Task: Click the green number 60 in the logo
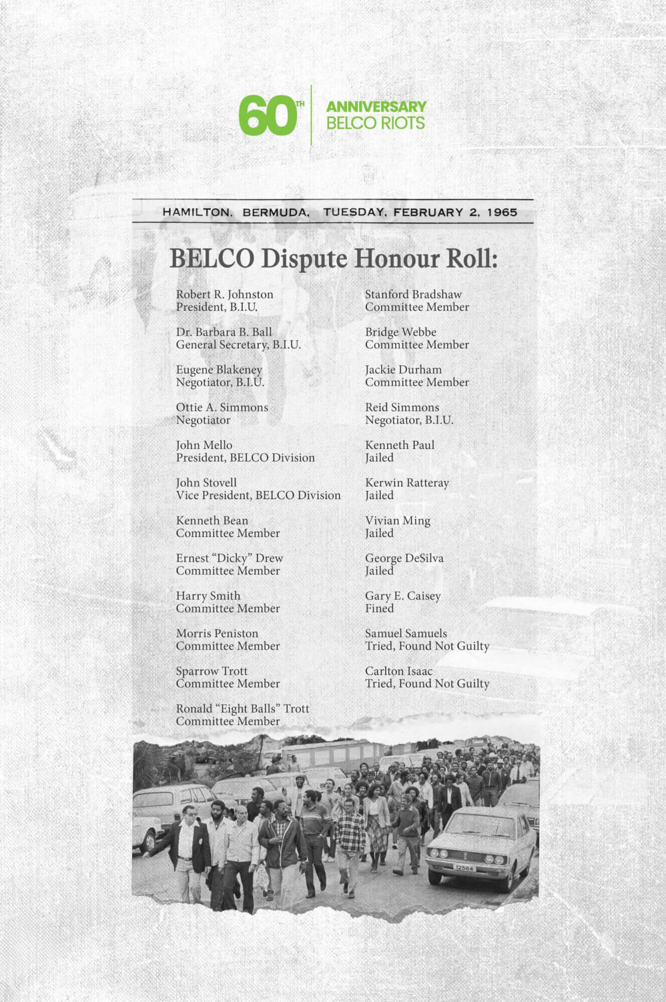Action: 266,116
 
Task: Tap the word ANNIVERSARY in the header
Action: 376,107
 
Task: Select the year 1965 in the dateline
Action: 502,212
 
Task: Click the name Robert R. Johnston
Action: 225,294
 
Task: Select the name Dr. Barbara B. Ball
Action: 224,332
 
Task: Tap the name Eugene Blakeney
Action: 219,369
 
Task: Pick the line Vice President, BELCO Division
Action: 258,495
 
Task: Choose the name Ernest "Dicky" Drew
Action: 229,558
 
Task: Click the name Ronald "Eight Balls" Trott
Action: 242,708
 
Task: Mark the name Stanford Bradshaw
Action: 413,294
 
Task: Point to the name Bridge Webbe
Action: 401,332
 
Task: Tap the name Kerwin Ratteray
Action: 407,482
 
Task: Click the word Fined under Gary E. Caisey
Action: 379,608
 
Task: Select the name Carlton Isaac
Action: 399,671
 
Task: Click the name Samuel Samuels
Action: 406,633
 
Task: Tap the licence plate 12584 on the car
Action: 464,868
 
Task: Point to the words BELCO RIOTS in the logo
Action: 376,123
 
